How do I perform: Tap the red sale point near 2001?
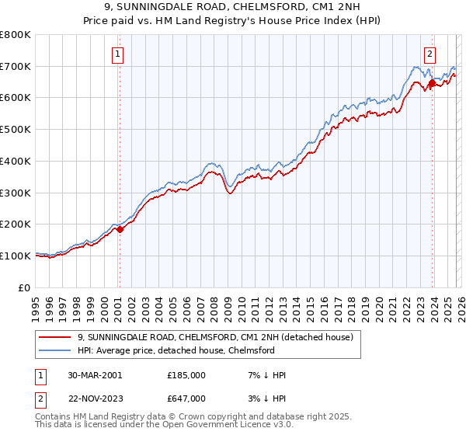120,229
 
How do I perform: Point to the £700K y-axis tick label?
16,67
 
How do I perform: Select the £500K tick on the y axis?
16,130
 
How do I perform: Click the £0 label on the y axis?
25,287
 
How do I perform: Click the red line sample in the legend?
57,337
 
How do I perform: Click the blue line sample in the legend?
57,350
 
